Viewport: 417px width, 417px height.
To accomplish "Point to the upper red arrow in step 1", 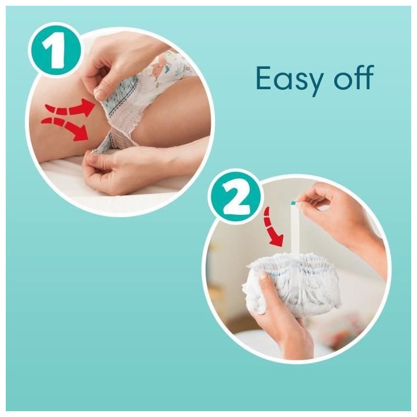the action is click(x=70, y=109).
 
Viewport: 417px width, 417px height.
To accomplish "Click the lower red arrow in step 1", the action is click(x=65, y=127).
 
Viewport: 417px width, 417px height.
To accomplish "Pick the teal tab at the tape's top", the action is click(x=294, y=203).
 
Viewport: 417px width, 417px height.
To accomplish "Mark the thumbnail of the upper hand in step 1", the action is click(x=100, y=93).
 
